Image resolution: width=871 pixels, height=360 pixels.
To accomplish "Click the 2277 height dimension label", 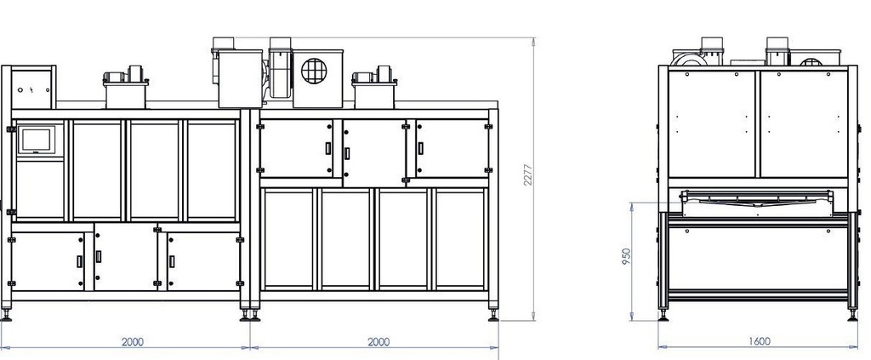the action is point(527,174).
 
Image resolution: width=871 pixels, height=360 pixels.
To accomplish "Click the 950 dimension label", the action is point(626,256).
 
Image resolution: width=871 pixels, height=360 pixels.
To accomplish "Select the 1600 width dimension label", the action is point(759,341).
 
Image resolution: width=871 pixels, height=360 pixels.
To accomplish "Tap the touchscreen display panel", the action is point(37,140).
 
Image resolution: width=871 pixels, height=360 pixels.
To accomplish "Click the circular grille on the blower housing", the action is point(314,71).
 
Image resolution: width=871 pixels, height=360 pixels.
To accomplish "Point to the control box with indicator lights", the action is point(33,87).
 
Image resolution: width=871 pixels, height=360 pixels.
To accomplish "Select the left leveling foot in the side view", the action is point(663,315).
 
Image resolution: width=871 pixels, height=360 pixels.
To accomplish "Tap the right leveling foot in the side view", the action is point(852,315).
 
